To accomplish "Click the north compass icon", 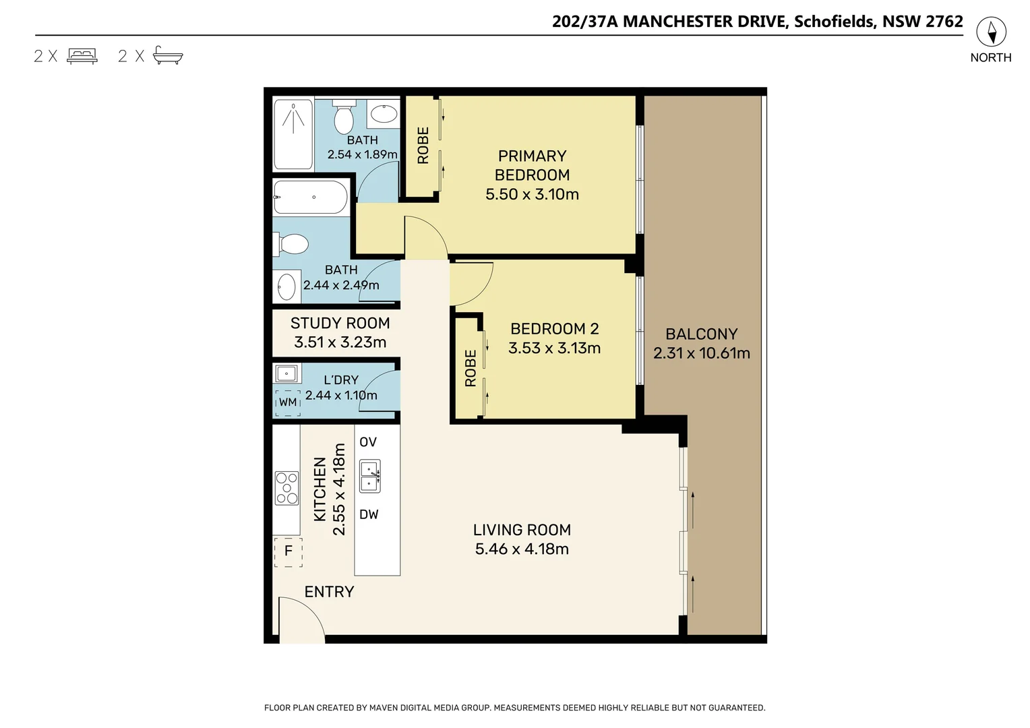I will click(991, 32).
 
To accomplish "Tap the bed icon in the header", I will click(82, 56).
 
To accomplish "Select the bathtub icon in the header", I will click(168, 55).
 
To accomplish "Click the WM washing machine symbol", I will click(288, 402).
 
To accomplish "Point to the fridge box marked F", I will click(288, 551).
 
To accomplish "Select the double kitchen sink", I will click(369, 476).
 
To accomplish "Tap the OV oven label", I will click(368, 442).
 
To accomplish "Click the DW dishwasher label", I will click(369, 514).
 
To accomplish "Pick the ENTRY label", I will click(329, 592).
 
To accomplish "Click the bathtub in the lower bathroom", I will click(311, 198).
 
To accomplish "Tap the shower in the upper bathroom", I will click(293, 133).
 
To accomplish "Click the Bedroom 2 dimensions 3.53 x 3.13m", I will click(554, 348).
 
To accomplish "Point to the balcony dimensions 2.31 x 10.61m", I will click(701, 353).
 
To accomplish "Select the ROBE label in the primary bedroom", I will click(423, 146).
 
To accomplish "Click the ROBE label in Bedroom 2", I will click(471, 368).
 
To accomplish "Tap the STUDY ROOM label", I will click(340, 324).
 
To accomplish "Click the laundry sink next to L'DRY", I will click(288, 373).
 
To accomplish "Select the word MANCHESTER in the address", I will click(704, 22).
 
